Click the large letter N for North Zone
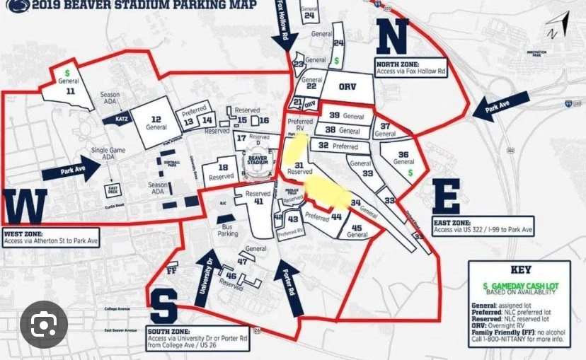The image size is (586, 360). tap(391, 37)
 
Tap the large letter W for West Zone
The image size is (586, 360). tap(25, 207)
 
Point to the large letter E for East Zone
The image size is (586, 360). tap(446, 197)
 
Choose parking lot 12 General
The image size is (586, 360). tap(156, 122)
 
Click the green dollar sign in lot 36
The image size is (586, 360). tap(410, 172)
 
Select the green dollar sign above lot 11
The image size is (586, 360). tap(67, 72)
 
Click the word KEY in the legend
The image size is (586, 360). tap(522, 270)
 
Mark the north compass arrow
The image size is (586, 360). tap(553, 30)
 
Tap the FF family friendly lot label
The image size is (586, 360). tap(171, 270)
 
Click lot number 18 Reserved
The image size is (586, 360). tap(223, 170)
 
